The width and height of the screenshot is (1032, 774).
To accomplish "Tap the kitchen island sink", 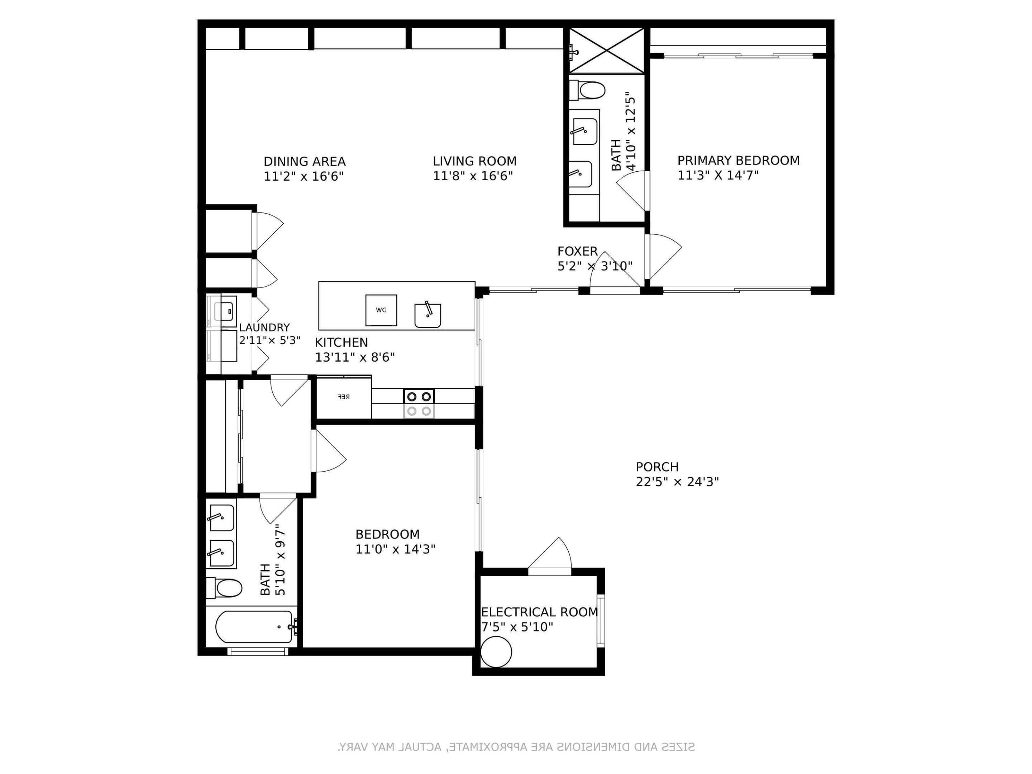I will [x=427, y=316].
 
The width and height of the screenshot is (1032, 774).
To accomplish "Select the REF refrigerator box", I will [x=344, y=397].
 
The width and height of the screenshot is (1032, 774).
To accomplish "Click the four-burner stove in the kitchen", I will [x=419, y=403].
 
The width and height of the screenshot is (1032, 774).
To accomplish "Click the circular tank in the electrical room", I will [x=496, y=652].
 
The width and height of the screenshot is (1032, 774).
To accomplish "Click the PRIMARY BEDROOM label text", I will [x=738, y=161].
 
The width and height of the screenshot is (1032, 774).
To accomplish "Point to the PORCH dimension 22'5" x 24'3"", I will [x=677, y=482].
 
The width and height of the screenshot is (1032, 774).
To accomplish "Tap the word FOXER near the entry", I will [x=577, y=252].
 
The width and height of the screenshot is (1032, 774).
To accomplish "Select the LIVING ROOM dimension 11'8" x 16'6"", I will [x=473, y=176].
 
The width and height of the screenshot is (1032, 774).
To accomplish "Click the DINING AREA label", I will [x=304, y=161].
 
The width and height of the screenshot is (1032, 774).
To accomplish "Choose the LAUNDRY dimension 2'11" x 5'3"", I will [x=270, y=340].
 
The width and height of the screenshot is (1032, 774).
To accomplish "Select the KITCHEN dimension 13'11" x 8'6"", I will [x=355, y=357].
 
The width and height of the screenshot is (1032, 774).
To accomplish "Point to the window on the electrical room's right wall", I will [x=601, y=621].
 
